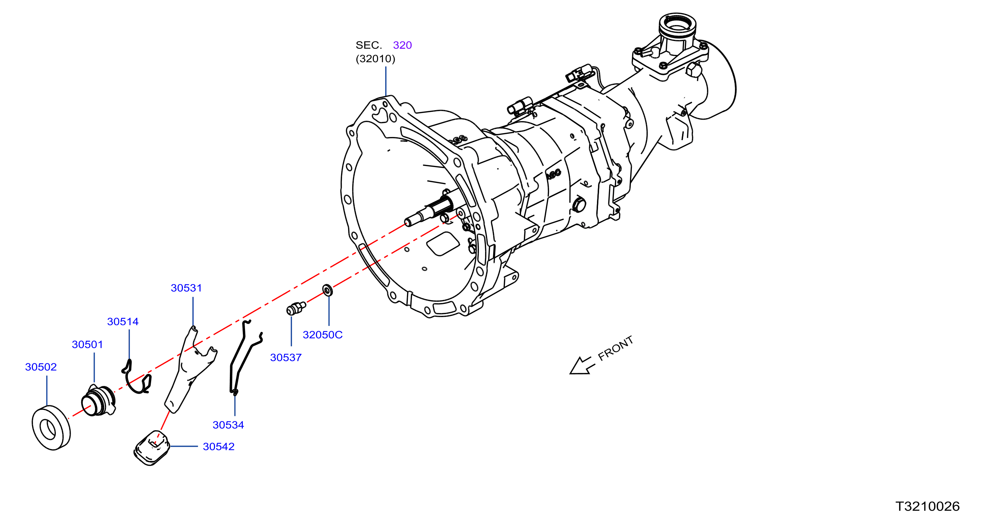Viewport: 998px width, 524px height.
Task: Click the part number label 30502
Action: click(x=41, y=367)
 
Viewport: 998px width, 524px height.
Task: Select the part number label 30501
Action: click(x=88, y=344)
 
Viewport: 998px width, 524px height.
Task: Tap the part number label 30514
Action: click(x=123, y=321)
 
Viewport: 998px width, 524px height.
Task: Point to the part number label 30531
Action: click(x=186, y=288)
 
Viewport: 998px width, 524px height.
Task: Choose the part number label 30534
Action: click(x=228, y=425)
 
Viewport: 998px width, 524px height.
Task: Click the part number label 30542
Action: click(x=219, y=446)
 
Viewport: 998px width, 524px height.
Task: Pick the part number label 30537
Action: click(x=286, y=357)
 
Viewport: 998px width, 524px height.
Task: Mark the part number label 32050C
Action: click(x=323, y=334)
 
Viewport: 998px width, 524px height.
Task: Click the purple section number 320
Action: click(x=402, y=45)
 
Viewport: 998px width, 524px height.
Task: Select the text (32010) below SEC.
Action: click(x=375, y=59)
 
